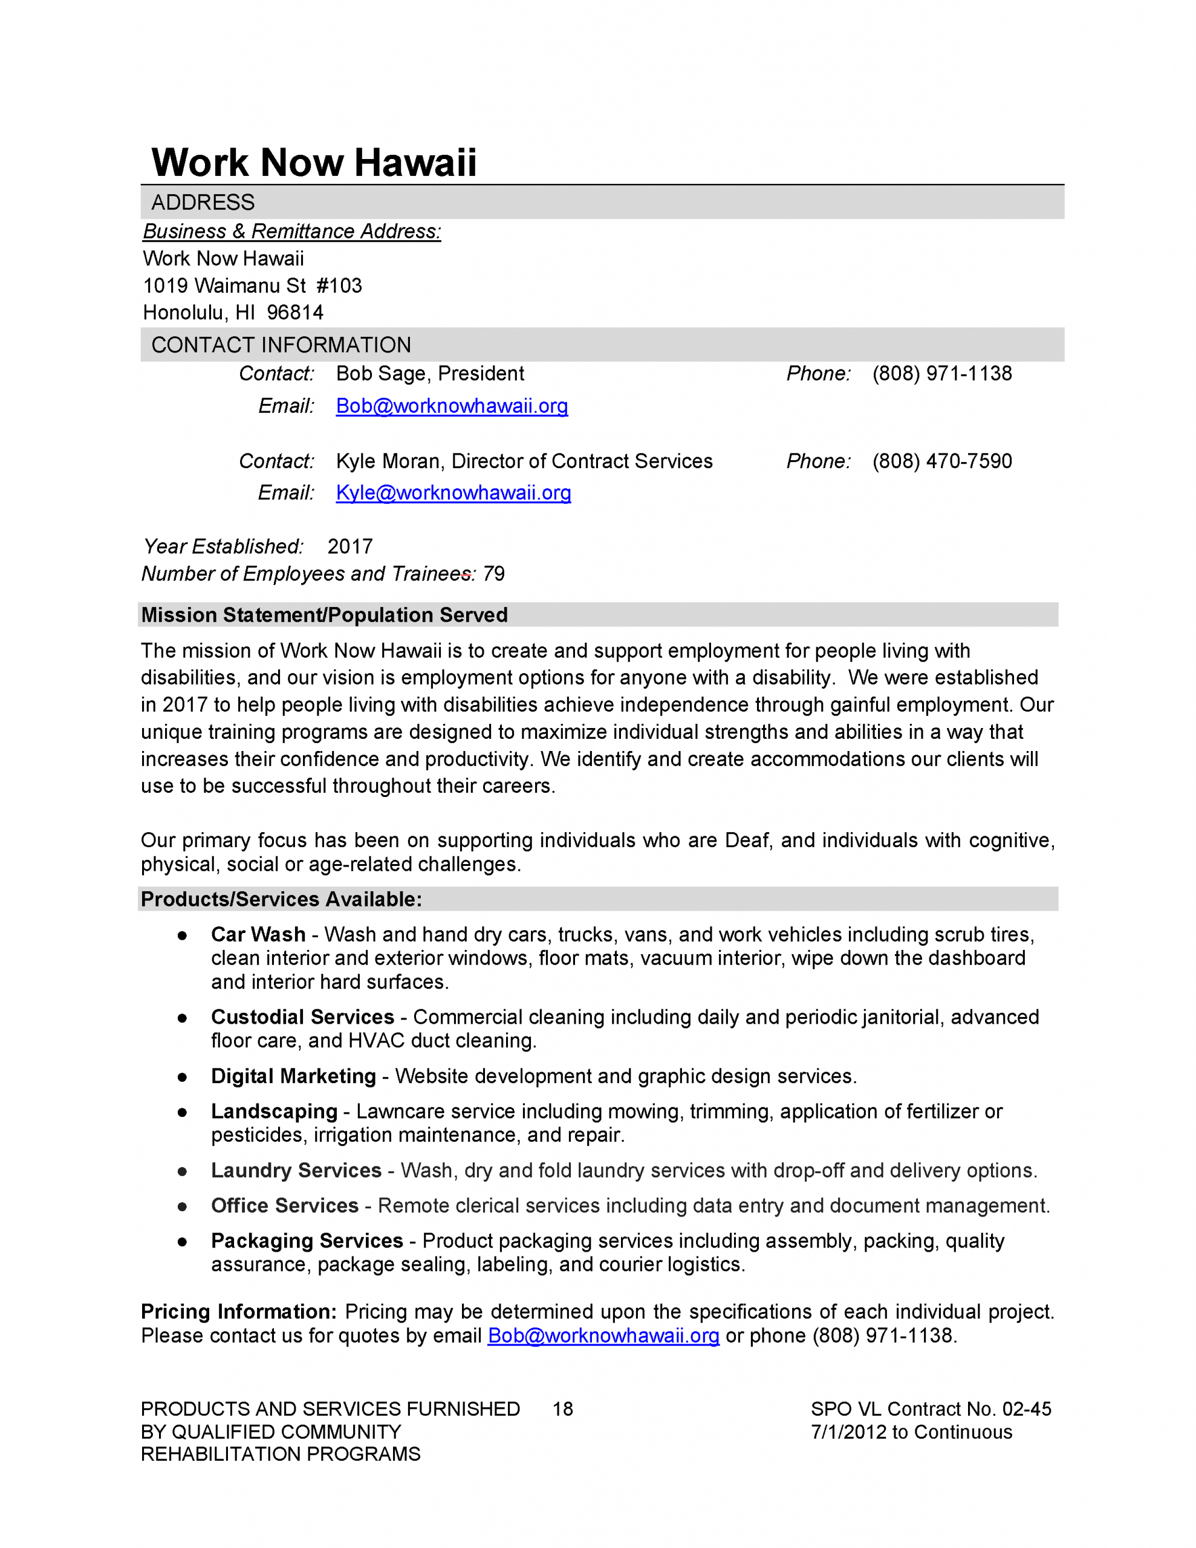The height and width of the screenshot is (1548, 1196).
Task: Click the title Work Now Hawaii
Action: (x=313, y=162)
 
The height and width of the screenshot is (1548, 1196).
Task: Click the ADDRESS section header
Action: (x=203, y=203)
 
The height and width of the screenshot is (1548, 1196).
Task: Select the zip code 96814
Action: (x=295, y=313)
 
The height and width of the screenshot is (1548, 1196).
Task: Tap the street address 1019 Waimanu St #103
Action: (x=252, y=285)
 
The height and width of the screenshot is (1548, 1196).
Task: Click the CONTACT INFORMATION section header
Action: (x=281, y=345)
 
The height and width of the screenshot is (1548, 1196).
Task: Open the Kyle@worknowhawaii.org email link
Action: (x=453, y=493)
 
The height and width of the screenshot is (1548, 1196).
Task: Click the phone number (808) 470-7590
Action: (x=941, y=461)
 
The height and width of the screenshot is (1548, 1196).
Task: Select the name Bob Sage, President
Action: (x=430, y=374)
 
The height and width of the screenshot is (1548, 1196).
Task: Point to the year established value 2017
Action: (x=349, y=547)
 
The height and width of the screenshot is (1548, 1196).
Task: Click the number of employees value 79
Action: (x=493, y=573)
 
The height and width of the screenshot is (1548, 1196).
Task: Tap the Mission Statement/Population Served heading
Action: (x=324, y=615)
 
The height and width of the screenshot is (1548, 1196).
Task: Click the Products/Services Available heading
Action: (x=281, y=899)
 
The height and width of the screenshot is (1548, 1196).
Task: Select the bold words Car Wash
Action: (x=258, y=935)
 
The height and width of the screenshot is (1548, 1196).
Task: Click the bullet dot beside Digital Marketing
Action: (x=182, y=1078)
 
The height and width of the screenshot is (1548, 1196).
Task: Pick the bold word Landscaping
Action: (x=274, y=1111)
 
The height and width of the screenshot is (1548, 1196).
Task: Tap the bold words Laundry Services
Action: (x=296, y=1170)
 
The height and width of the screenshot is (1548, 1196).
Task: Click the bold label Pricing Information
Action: (x=238, y=1312)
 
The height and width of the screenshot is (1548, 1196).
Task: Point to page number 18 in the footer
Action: (x=562, y=1409)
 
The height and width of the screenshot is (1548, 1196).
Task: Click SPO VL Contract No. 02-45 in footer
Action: (x=930, y=1409)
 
